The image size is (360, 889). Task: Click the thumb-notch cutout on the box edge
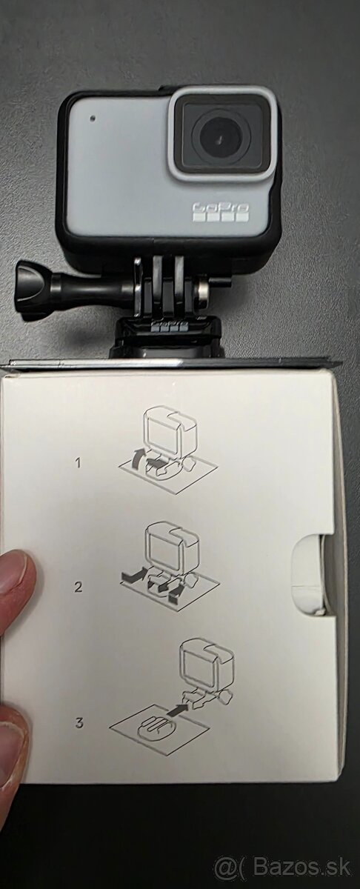311,574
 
